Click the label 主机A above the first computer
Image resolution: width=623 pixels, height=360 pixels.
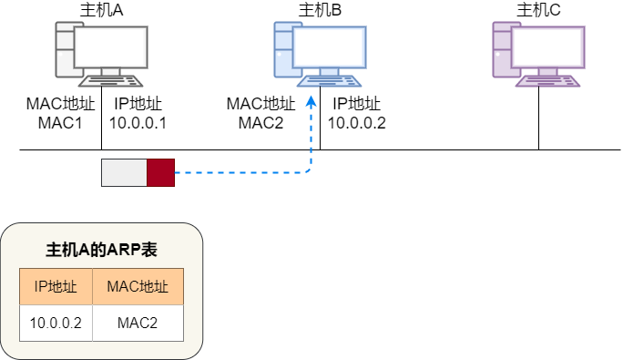click(x=101, y=11)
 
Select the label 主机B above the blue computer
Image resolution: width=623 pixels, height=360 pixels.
click(x=320, y=11)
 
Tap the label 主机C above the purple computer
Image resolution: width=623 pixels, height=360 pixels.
click(x=538, y=11)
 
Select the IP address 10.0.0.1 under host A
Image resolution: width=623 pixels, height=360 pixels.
click(x=138, y=122)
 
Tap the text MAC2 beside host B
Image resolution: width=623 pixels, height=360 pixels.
click(x=261, y=122)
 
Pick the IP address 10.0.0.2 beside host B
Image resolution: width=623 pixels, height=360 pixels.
click(x=357, y=122)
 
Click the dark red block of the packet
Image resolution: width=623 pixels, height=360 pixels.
click(x=160, y=172)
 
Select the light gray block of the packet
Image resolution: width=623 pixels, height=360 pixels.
click(x=124, y=172)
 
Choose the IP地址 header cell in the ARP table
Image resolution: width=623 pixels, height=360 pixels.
click(x=56, y=287)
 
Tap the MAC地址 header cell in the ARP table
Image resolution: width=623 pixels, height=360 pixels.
click(x=138, y=287)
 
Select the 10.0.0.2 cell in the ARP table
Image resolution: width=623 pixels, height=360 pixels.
click(x=56, y=323)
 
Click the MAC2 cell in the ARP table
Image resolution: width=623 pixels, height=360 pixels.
click(x=138, y=323)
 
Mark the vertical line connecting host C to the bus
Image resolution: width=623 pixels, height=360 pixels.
click(x=538, y=118)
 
